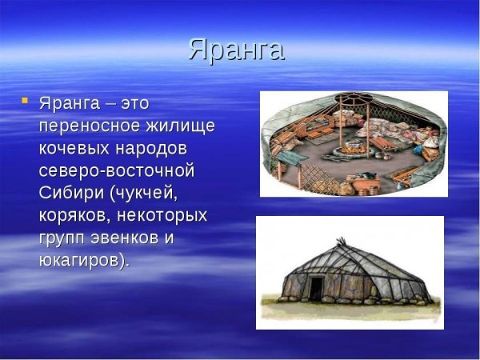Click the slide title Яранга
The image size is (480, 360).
pos(237,50)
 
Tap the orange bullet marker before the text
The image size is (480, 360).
pos(25,101)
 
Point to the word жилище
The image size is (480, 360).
pos(185,126)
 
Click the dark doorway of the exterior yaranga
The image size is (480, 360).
pos(318,287)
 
